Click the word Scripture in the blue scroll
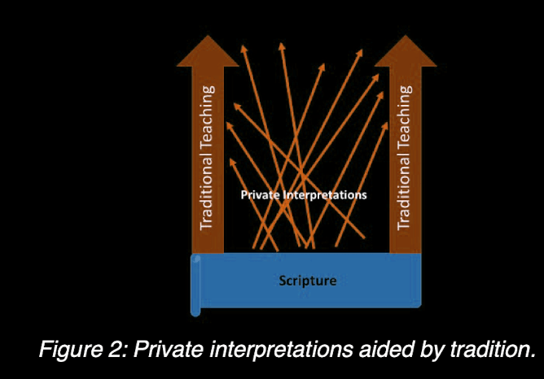pyautogui.click(x=306, y=281)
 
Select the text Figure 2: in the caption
pyautogui.click(x=82, y=351)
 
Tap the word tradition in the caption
pyautogui.click(x=488, y=351)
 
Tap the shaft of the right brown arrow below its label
pyautogui.click(x=404, y=242)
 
